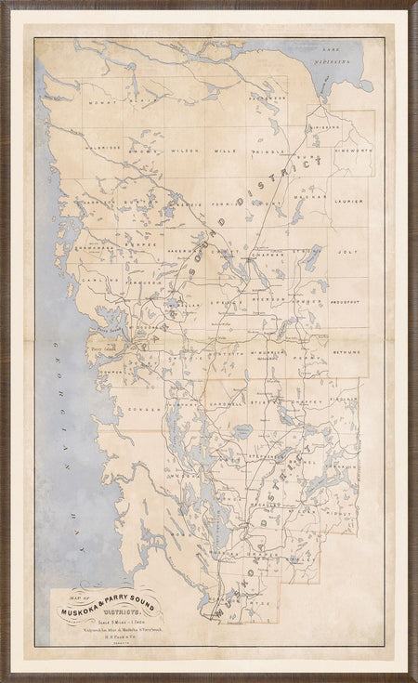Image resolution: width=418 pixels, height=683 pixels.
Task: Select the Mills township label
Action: [x=226, y=149]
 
